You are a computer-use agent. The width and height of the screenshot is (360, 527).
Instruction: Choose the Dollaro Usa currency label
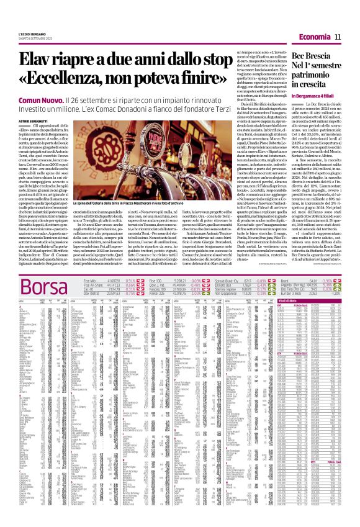222,286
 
